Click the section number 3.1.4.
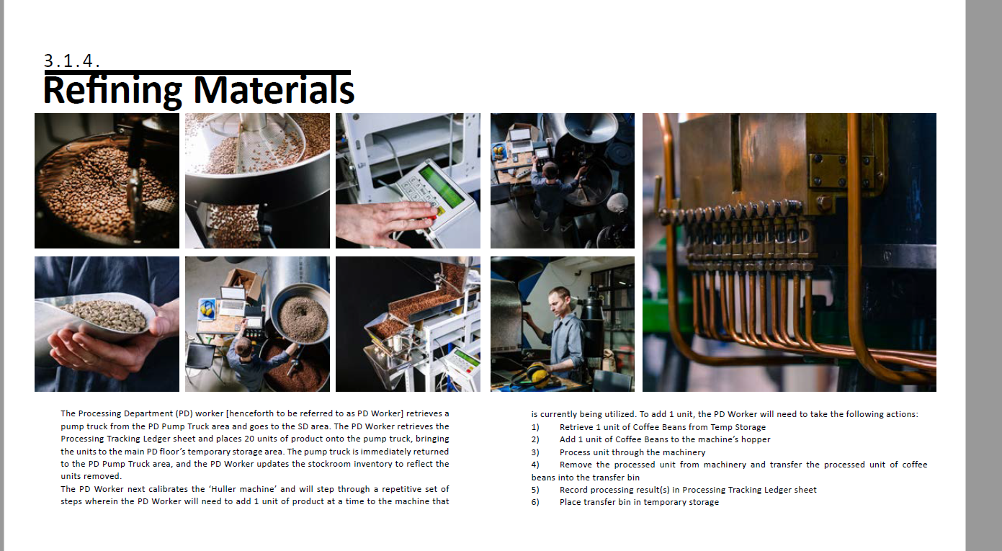click(x=71, y=61)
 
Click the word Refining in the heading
click(x=112, y=91)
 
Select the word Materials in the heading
click(x=274, y=90)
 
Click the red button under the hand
click(x=432, y=218)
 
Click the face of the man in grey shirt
click(x=558, y=303)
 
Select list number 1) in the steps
click(x=535, y=427)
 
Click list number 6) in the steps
click(x=535, y=502)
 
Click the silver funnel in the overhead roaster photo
click(x=591, y=128)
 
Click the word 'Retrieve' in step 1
click(x=576, y=427)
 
